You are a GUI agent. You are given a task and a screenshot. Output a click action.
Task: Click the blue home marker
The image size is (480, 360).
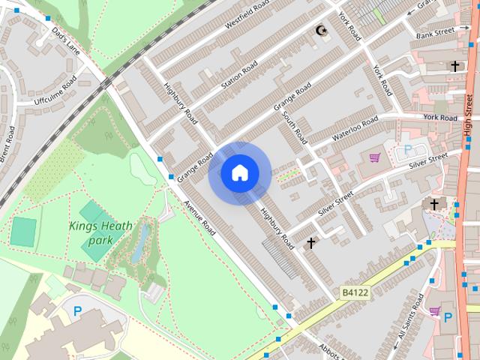[x=239, y=173]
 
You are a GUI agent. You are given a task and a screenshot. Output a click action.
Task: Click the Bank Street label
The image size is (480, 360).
[x=436, y=33]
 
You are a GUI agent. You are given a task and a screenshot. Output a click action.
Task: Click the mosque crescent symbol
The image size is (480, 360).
[x=322, y=31]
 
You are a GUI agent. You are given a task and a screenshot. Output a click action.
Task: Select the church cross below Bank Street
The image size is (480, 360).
[x=454, y=67]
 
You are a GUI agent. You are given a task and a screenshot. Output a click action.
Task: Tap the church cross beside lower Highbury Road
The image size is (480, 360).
[x=311, y=243]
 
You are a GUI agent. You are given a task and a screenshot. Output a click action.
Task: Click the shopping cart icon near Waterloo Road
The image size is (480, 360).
[x=373, y=157]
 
